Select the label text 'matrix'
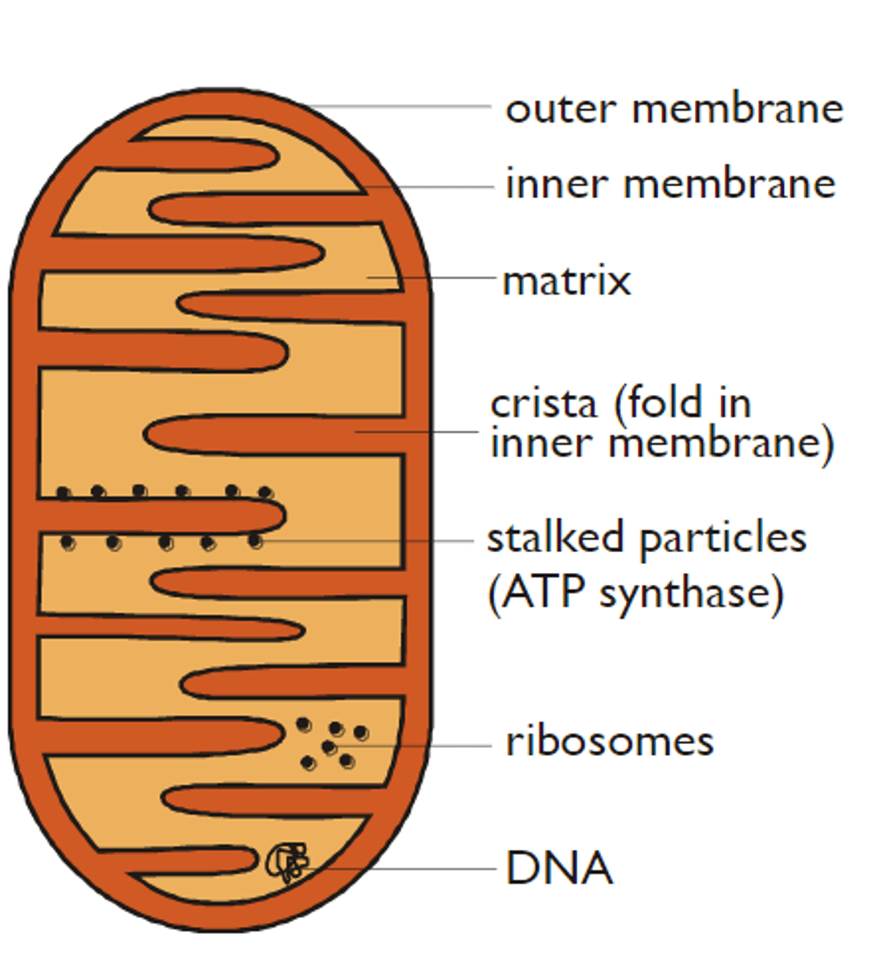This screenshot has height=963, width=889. (x=566, y=281)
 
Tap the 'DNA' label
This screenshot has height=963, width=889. (x=559, y=868)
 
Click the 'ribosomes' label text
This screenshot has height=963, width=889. (x=609, y=742)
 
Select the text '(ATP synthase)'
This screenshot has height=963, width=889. (x=635, y=593)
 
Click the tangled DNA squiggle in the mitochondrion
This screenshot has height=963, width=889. (x=287, y=863)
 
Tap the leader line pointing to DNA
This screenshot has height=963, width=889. (x=401, y=868)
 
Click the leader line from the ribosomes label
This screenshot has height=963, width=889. (x=425, y=746)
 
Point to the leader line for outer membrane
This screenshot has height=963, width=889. (x=401, y=106)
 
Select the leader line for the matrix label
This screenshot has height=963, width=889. (x=441, y=278)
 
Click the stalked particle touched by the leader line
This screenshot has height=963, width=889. (x=255, y=542)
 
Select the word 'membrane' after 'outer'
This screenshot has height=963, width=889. (x=737, y=109)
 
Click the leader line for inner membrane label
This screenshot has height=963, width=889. (x=433, y=187)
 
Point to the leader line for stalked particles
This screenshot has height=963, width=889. (x=369, y=541)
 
